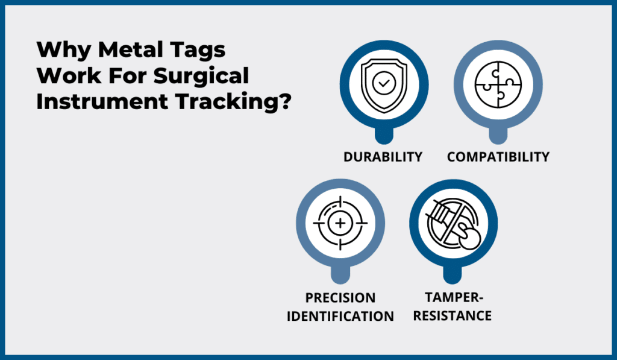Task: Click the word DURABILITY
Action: (x=383, y=157)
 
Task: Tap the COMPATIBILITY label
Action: (x=498, y=157)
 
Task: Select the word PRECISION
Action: (x=340, y=298)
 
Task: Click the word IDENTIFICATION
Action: (x=340, y=316)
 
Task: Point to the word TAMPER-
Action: (x=453, y=298)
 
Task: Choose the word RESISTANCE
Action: (x=453, y=316)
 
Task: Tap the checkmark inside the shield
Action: (x=383, y=84)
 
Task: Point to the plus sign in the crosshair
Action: (x=340, y=223)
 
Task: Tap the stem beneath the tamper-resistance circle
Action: (x=453, y=274)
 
